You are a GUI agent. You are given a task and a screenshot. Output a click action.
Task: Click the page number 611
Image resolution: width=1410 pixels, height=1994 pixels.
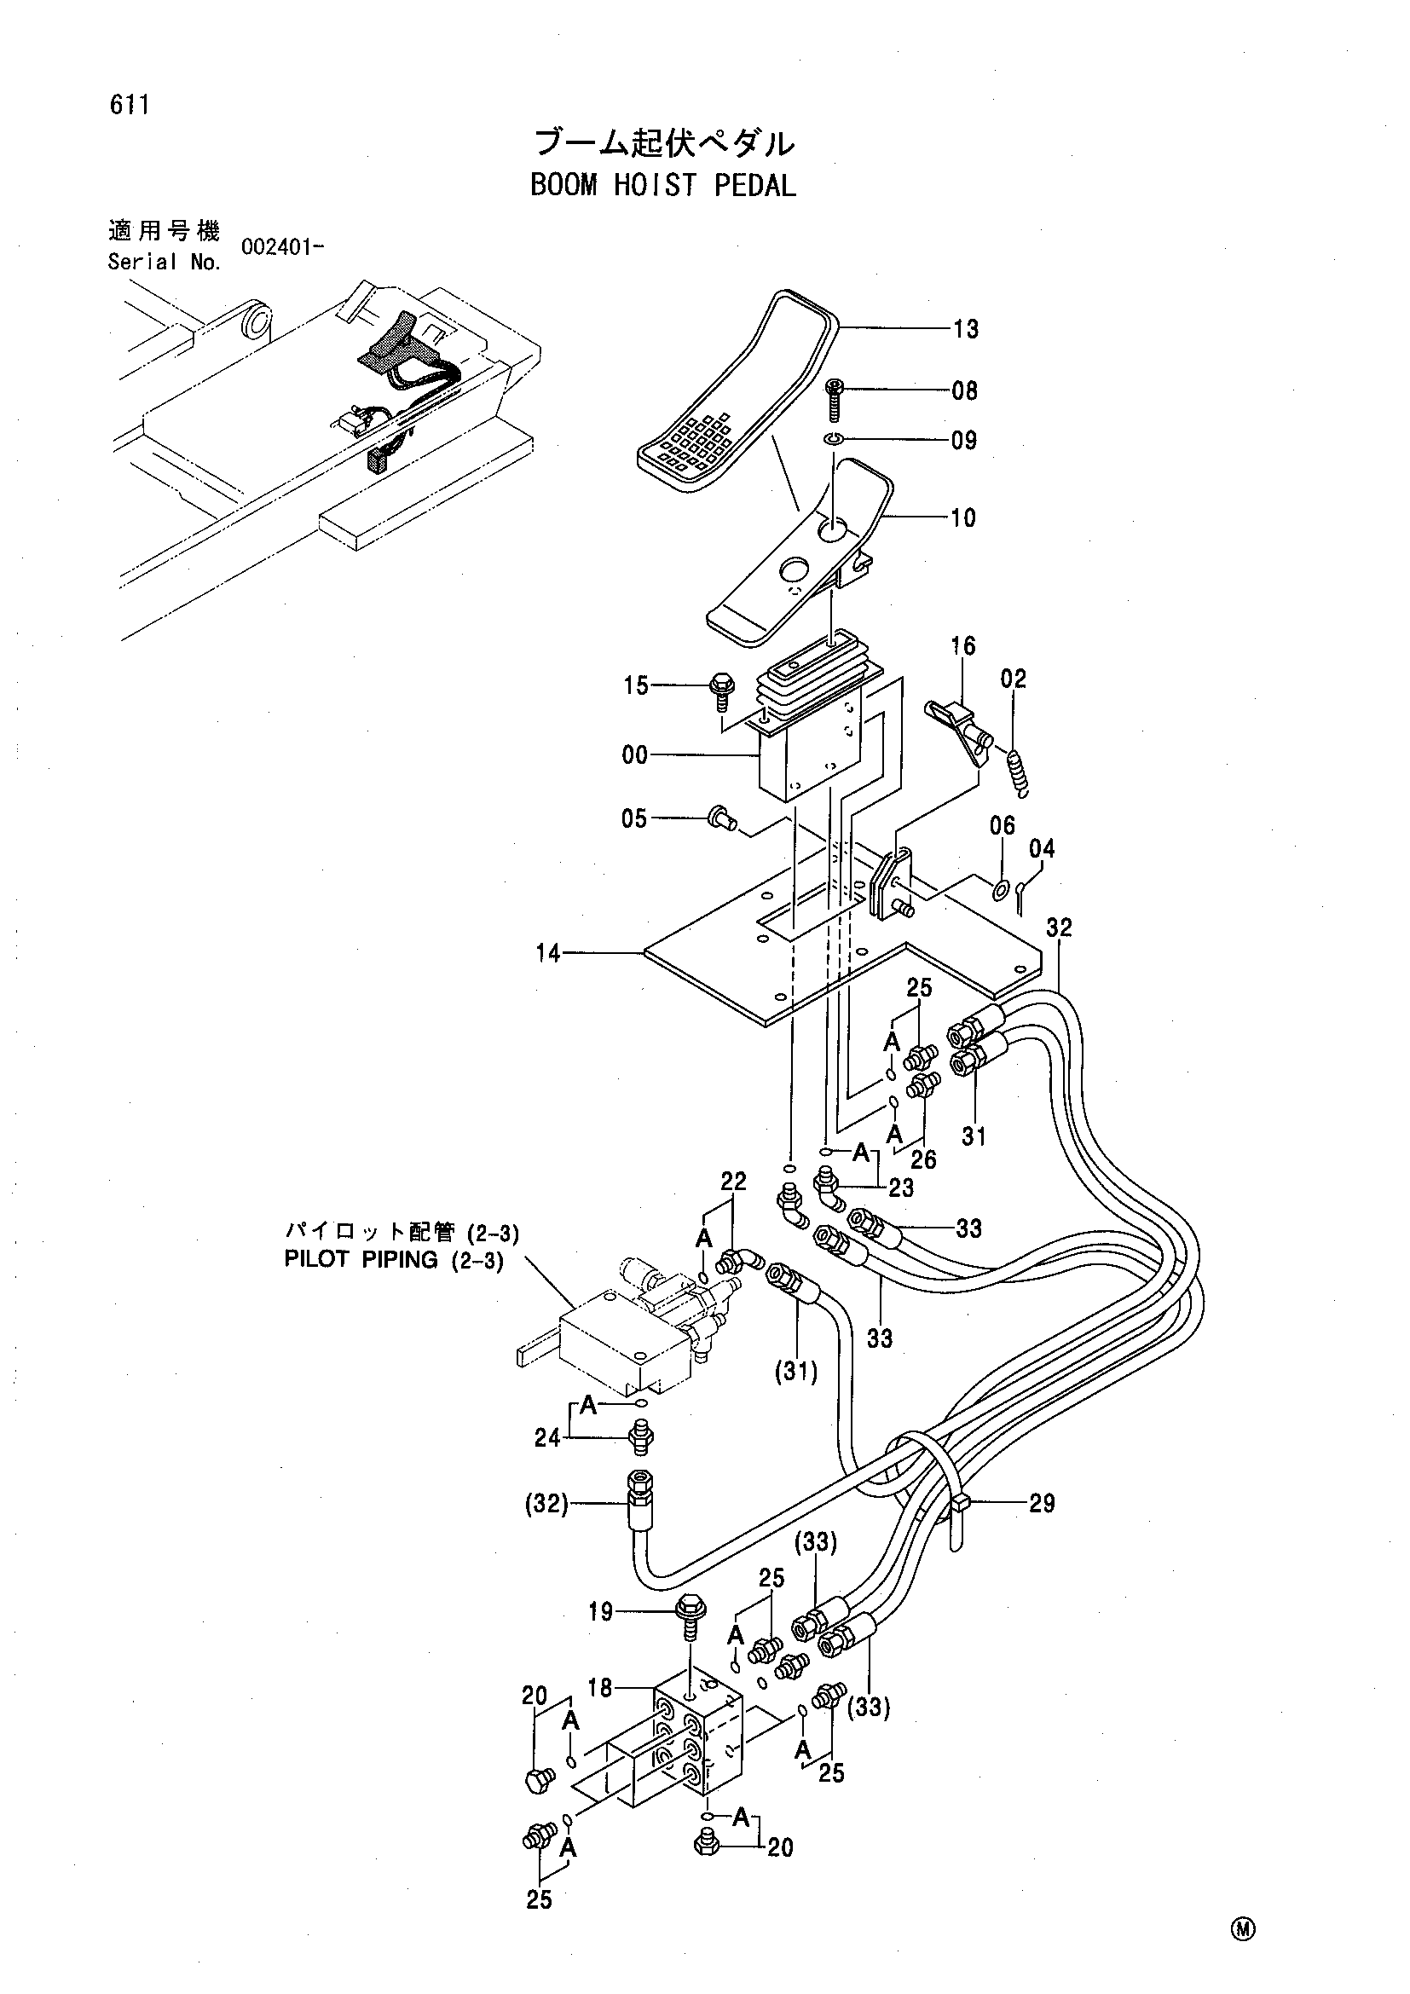point(130,104)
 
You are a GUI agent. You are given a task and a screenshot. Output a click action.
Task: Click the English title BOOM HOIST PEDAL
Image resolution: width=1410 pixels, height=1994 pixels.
point(663,185)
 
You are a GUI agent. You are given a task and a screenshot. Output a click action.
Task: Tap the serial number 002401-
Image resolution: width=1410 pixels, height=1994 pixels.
point(282,246)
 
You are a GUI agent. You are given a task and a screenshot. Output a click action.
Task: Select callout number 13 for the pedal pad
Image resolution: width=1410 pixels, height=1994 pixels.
point(966,329)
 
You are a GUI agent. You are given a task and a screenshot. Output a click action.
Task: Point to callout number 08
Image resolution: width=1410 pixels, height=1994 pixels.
point(965,390)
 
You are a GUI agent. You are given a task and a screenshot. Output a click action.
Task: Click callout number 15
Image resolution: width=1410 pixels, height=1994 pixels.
point(636,685)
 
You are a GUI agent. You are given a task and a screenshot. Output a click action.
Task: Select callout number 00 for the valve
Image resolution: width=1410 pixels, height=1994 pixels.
point(635,755)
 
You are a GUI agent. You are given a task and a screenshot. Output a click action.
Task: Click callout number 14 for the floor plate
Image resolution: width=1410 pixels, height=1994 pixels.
point(548,954)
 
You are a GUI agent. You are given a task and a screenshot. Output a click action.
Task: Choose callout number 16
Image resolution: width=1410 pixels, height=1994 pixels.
point(962,645)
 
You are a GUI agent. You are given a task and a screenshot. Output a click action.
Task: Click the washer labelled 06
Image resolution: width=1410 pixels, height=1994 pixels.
point(1000,890)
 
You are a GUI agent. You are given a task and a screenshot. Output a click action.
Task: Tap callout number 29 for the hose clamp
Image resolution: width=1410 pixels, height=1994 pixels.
point(1042,1503)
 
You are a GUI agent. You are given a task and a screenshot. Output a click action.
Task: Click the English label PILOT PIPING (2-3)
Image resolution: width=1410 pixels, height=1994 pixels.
point(394,1260)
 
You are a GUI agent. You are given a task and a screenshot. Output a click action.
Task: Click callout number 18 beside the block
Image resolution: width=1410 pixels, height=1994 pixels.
point(600,1687)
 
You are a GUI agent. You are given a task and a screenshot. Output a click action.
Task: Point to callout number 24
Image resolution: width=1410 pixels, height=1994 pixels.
point(547,1438)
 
